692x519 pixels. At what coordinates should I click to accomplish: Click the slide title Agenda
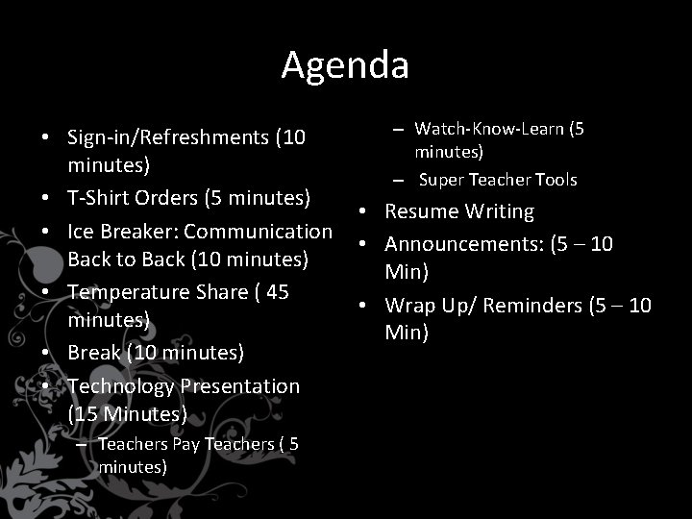click(345, 65)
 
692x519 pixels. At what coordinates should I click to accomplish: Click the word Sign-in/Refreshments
click(169, 137)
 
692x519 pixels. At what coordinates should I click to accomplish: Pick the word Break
click(94, 353)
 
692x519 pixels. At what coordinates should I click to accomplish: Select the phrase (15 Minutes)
click(128, 414)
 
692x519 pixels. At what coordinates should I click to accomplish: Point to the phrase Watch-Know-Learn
click(487, 129)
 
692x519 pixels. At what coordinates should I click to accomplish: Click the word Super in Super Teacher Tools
click(442, 180)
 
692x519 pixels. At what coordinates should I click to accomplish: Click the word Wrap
click(408, 306)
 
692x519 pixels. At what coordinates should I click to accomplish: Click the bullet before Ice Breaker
click(46, 232)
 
